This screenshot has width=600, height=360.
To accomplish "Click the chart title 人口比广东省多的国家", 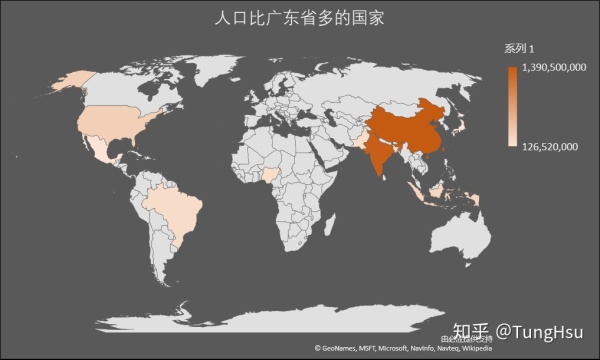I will [300, 19].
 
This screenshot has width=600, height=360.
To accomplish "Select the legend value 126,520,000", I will [549, 147].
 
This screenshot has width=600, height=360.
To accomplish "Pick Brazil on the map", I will [170, 210].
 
